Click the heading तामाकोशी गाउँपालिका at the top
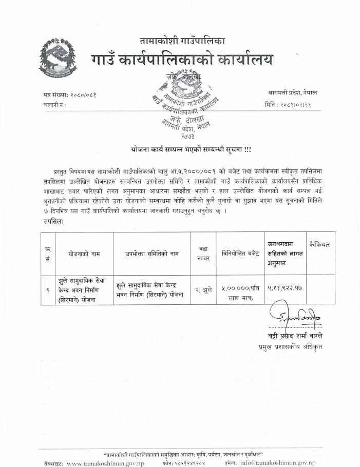tap(182, 40)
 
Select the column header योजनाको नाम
tap(84, 254)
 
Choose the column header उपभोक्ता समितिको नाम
tap(152, 254)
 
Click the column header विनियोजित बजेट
tap(240, 254)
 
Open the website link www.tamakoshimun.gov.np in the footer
tap(106, 463)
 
